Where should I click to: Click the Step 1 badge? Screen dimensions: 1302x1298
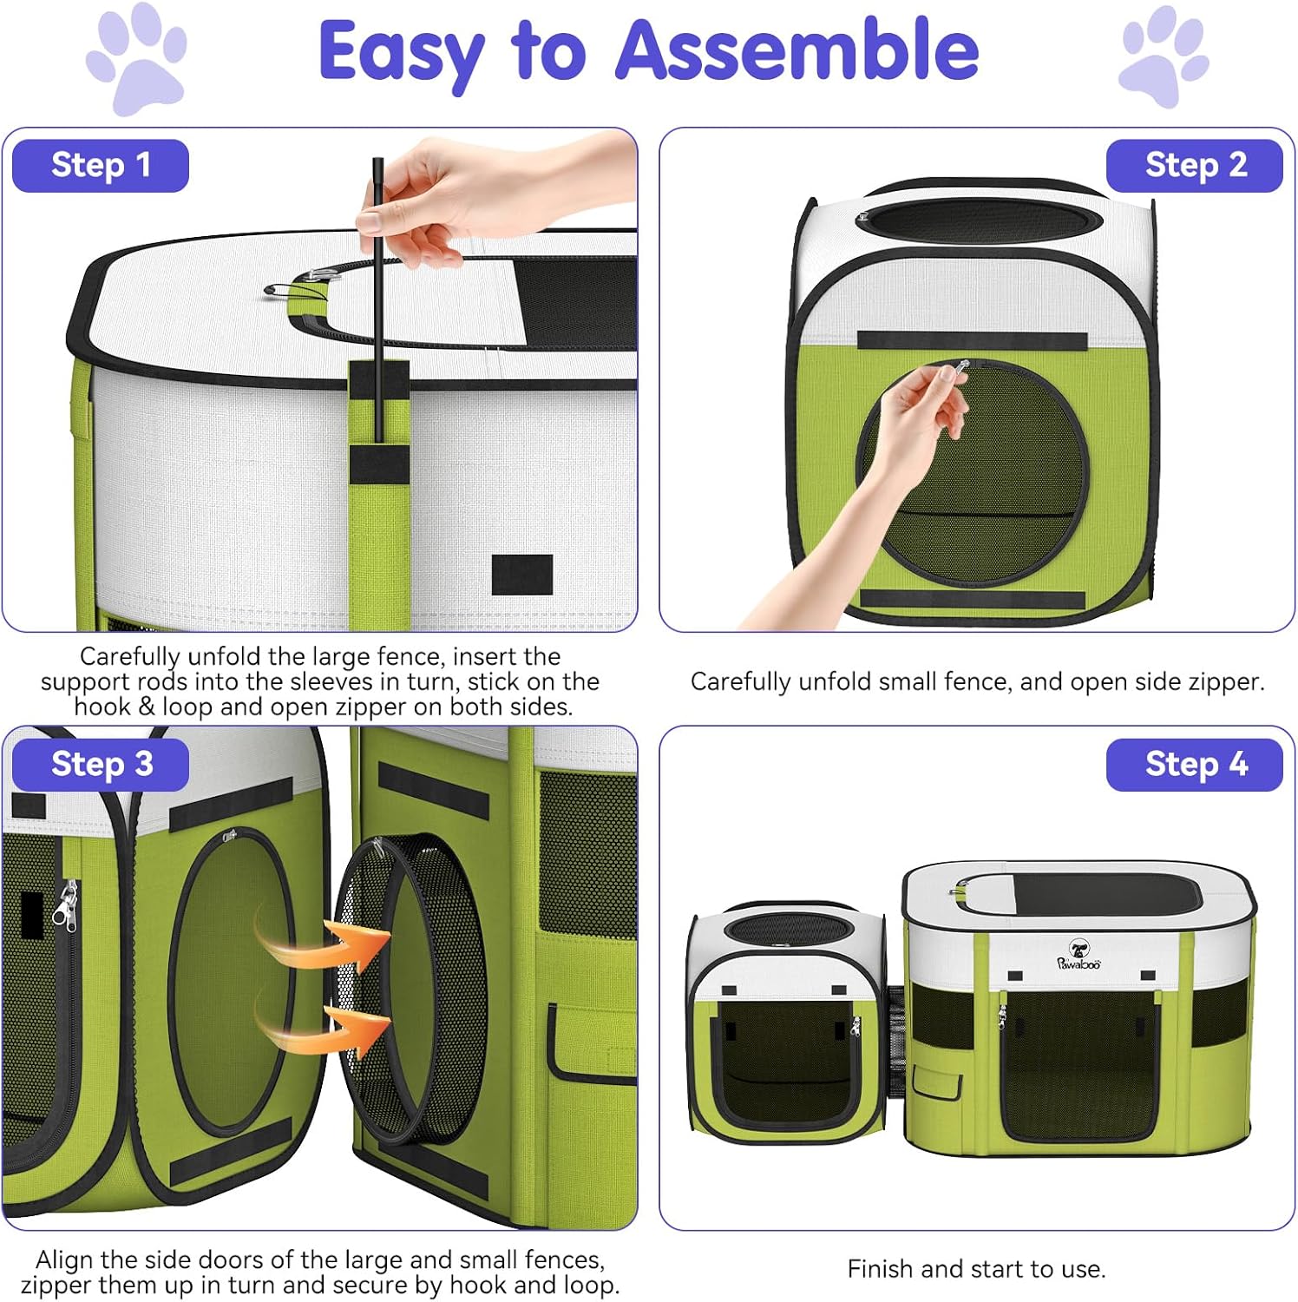pyautogui.click(x=101, y=165)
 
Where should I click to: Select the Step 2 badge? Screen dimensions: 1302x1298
pyautogui.click(x=1194, y=165)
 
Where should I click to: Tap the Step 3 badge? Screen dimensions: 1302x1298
pyautogui.click(x=101, y=765)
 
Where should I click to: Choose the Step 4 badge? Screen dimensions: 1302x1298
pyautogui.click(x=1194, y=765)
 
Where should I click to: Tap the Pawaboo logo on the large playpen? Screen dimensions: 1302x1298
pyautogui.click(x=1078, y=956)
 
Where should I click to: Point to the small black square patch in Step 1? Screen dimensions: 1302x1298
pyautogui.click(x=522, y=575)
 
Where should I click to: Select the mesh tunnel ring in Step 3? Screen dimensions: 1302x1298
pyautogui.click(x=416, y=990)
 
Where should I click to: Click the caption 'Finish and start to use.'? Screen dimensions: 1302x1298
pyautogui.click(x=976, y=1269)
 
